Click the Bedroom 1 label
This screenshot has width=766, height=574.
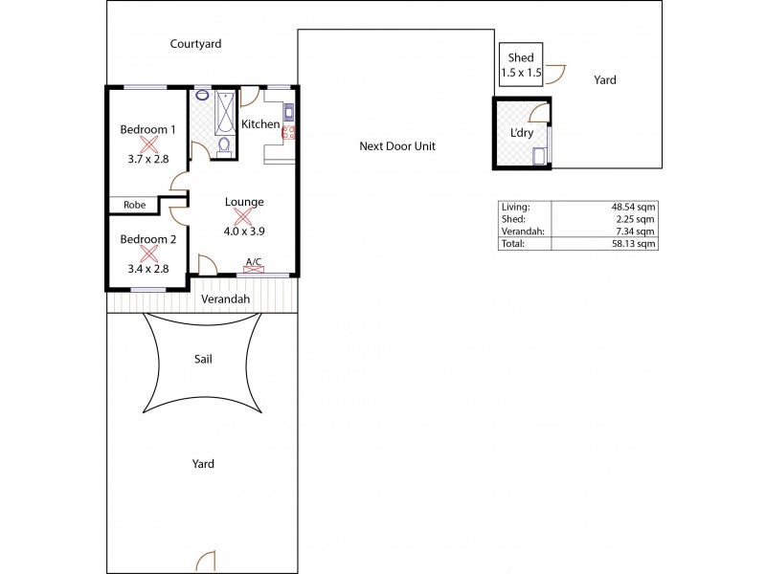point(147,129)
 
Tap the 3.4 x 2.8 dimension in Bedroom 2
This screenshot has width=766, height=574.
point(147,269)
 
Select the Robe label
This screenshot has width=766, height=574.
point(134,204)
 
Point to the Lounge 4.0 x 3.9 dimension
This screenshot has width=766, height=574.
point(244,231)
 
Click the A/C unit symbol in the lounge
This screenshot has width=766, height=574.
point(254,269)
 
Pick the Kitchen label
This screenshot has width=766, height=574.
point(260,124)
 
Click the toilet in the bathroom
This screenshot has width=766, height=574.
point(224,145)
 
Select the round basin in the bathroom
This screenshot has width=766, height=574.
point(202,96)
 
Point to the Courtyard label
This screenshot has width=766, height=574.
point(197,44)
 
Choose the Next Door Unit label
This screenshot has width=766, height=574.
point(397,146)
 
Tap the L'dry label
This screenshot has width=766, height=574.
point(522,132)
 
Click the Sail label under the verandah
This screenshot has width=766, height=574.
point(203,359)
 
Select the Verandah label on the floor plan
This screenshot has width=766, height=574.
point(226,299)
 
